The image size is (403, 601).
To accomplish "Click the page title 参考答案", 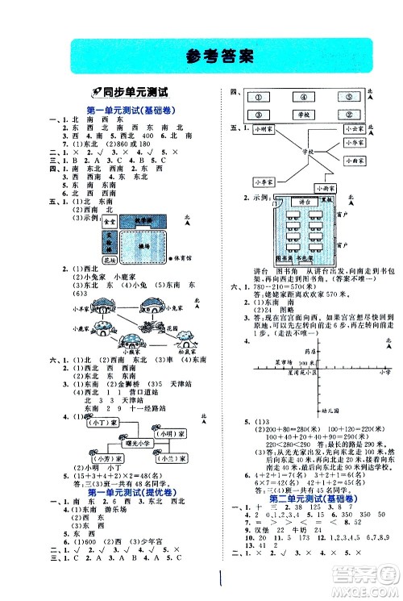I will point(201,56).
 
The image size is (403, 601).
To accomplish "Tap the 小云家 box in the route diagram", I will point(355,129).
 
